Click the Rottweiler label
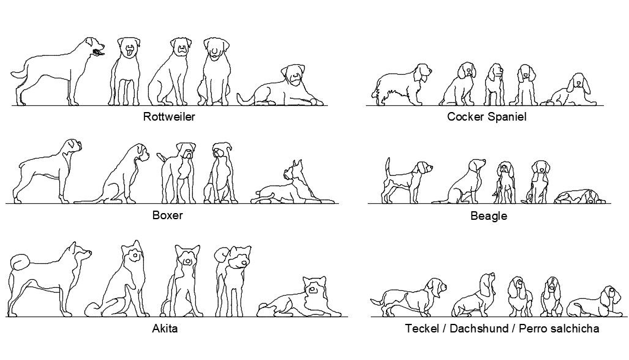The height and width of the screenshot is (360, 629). coord(169,116)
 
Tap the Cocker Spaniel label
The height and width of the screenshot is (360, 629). coord(486,116)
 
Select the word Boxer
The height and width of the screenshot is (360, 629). coord(167,215)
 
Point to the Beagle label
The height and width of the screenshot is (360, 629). coord(488,216)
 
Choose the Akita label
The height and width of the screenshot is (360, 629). coord(165,329)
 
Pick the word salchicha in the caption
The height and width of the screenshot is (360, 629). coord(573,329)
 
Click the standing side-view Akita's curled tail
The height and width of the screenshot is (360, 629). coord(20,263)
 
